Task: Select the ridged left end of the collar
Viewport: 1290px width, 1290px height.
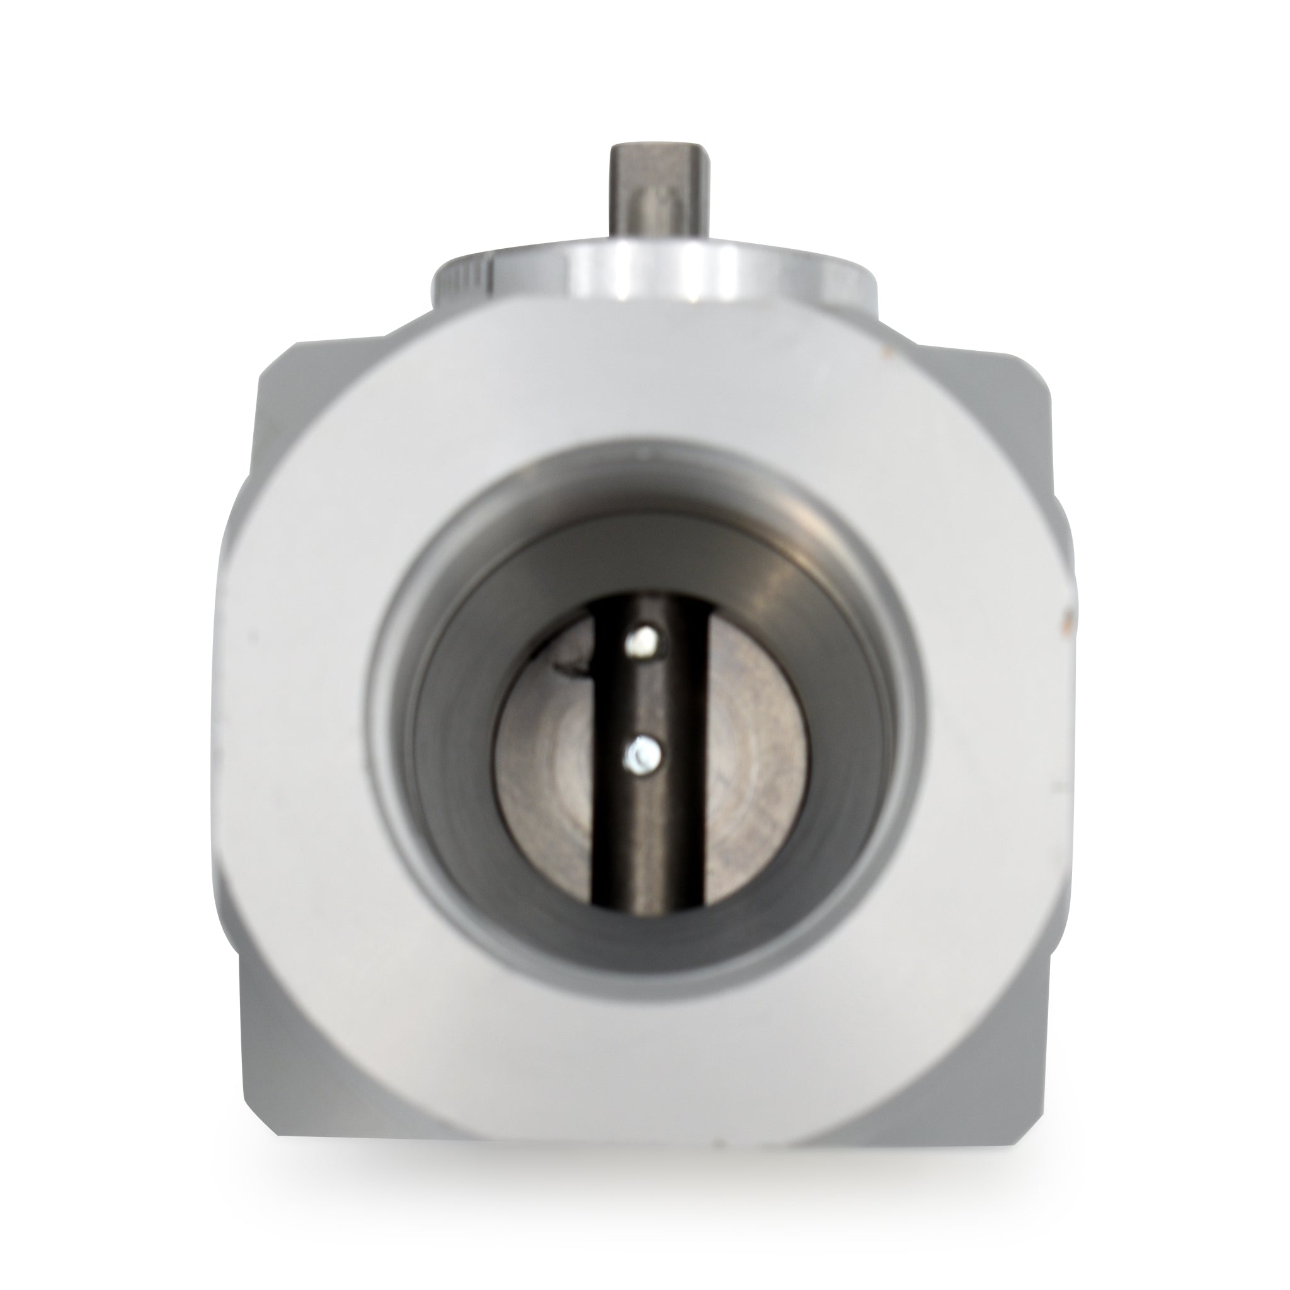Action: pyautogui.click(x=460, y=280)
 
